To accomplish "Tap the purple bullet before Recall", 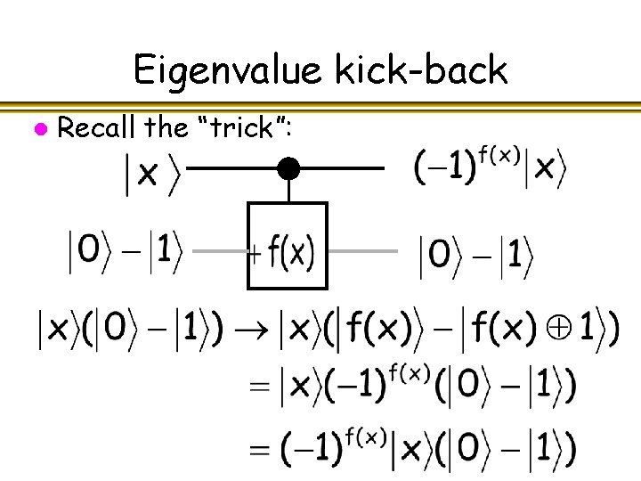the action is click(38, 129).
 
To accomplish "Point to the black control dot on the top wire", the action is click(288, 167).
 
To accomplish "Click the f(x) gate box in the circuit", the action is click(288, 246).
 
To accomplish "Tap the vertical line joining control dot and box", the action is click(288, 189).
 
